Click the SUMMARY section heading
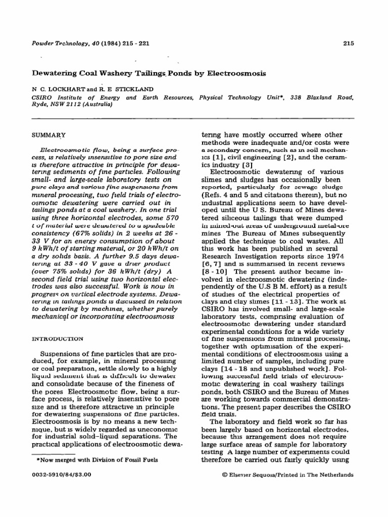click(49, 136)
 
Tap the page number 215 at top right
click(348, 43)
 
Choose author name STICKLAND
click(134, 89)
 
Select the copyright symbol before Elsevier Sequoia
click(225, 475)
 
